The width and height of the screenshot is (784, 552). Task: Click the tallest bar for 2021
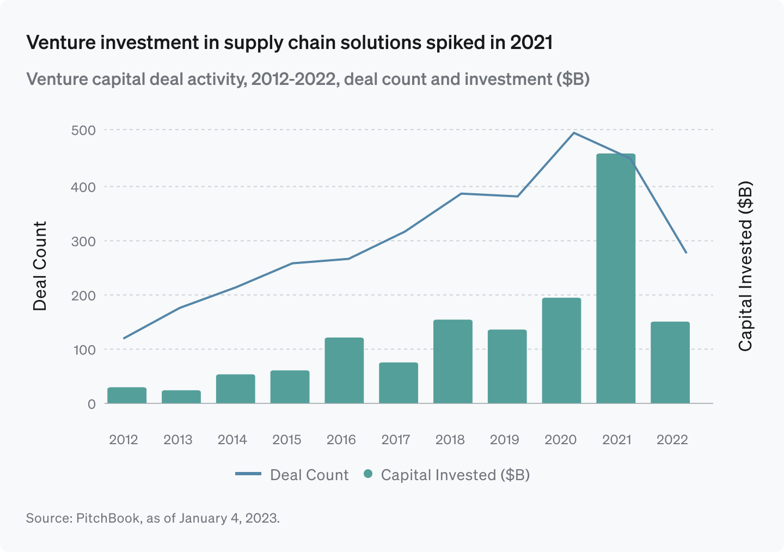tap(616, 278)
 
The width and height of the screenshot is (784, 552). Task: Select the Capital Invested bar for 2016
tap(344, 370)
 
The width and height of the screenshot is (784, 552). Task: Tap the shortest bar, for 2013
tap(181, 397)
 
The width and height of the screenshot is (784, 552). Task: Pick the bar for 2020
tap(561, 351)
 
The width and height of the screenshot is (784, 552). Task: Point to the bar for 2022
tap(670, 363)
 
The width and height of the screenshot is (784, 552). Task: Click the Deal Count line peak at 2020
tap(574, 133)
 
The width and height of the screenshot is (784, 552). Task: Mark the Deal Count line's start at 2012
tap(124, 338)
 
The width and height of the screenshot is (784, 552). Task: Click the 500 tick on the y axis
tap(83, 130)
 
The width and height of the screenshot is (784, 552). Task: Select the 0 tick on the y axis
tap(91, 404)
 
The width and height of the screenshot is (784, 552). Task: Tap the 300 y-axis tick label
tap(83, 241)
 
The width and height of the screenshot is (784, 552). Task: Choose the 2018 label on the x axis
tap(450, 440)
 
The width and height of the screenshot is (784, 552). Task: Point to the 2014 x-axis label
tap(232, 440)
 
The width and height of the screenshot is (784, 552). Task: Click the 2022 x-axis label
tap(672, 440)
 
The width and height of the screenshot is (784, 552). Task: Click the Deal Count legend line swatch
tap(248, 474)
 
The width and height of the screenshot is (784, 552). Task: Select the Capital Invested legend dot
tap(368, 474)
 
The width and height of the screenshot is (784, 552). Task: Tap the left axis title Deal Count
tap(40, 266)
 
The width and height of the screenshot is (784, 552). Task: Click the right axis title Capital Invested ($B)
tap(745, 266)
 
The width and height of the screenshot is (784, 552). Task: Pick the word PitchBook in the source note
tap(108, 518)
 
